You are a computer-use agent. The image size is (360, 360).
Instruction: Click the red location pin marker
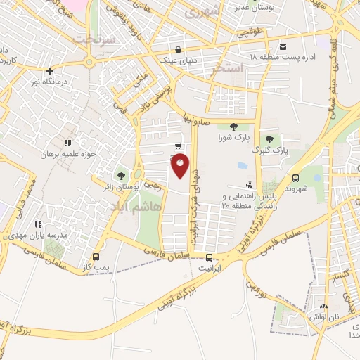(x=181, y=166)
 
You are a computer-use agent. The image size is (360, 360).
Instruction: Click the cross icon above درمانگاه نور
(x=49, y=71)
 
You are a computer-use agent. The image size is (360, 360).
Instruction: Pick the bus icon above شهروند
(x=295, y=179)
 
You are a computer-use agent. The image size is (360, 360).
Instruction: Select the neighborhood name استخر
(x=231, y=67)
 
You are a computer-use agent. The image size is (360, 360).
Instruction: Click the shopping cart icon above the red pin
(x=179, y=147)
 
